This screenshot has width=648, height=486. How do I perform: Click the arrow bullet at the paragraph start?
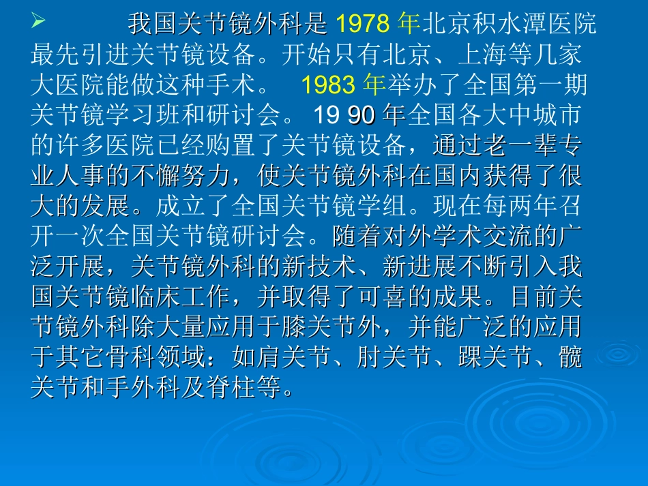coord(38,24)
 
